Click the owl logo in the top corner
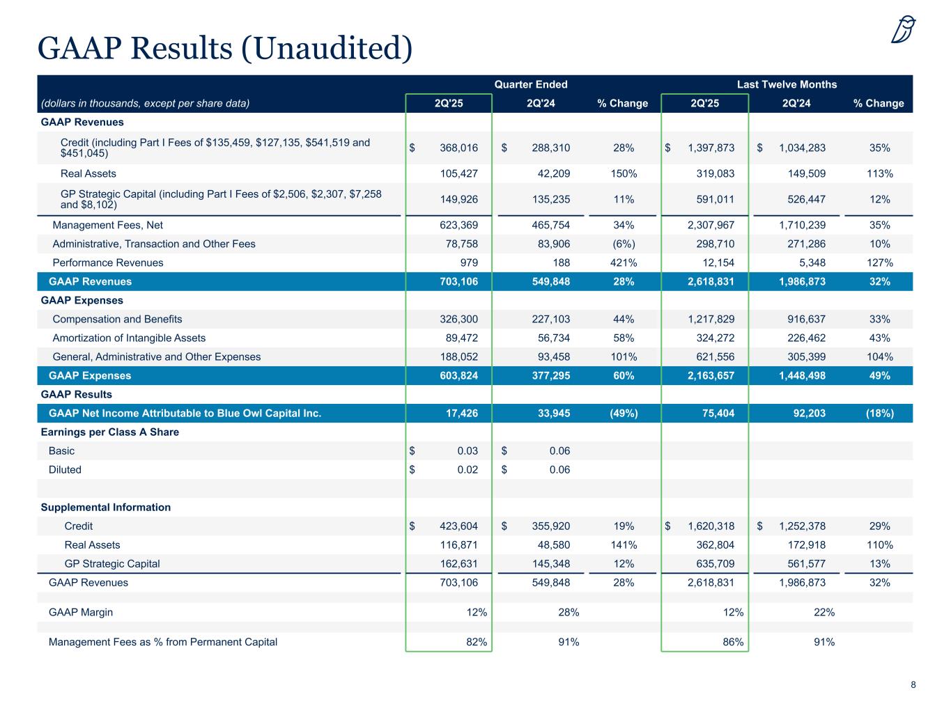click(903, 29)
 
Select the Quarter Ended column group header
click(530, 84)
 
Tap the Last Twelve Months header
click(787, 84)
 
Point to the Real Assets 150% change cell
click(624, 173)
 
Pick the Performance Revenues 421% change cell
click(624, 263)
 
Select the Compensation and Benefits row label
click(117, 319)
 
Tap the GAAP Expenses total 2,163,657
click(711, 375)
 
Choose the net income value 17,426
click(462, 413)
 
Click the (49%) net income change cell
click(624, 413)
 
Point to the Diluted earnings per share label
click(65, 469)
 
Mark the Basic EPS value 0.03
click(467, 450)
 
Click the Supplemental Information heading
click(106, 507)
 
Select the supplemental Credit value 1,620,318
click(711, 526)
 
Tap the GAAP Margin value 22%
click(824, 612)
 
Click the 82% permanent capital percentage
click(477, 641)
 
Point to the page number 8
click(913, 684)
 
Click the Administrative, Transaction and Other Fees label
click(154, 244)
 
